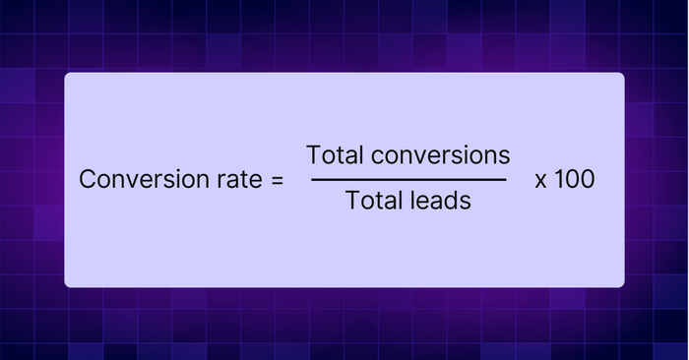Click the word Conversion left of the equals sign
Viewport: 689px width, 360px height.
pyautogui.click(x=144, y=179)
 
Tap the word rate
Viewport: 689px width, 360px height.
pyautogui.click(x=239, y=180)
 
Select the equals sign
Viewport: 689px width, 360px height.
pyautogui.click(x=278, y=180)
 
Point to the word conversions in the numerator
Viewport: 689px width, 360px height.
pyautogui.click(x=440, y=155)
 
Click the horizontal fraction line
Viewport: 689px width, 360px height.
pyautogui.click(x=408, y=180)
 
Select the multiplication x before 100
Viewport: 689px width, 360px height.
pyautogui.click(x=541, y=181)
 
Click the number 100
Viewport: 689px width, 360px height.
pyautogui.click(x=575, y=179)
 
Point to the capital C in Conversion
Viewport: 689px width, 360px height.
pyautogui.click(x=89, y=179)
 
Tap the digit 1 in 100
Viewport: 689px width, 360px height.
pyautogui.click(x=558, y=179)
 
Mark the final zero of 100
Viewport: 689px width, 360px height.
pyautogui.click(x=588, y=179)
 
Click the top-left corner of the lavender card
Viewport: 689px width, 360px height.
pyautogui.click(x=65, y=73)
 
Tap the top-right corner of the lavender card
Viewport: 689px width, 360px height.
pyautogui.click(x=624, y=73)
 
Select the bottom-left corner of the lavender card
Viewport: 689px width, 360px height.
pyautogui.click(x=65, y=287)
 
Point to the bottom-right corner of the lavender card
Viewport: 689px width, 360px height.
pyautogui.click(x=624, y=287)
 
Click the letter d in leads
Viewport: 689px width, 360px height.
pyautogui.click(x=452, y=201)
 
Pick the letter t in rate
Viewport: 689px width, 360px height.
pyautogui.click(x=245, y=180)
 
